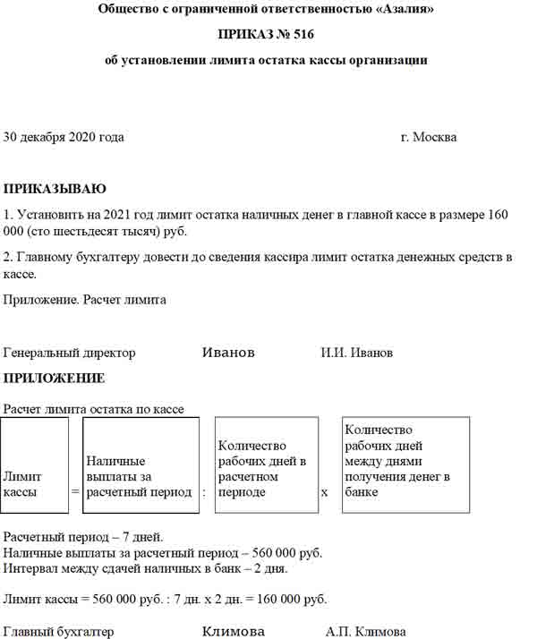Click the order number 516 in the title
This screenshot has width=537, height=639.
(302, 36)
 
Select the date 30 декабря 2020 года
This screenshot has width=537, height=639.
(64, 138)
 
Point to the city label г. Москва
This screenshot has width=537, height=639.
(429, 138)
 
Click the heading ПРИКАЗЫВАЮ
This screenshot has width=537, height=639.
(55, 190)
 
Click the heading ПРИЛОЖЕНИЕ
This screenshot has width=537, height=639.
(55, 379)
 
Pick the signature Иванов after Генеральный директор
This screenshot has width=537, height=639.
(229, 354)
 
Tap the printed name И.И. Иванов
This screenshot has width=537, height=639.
(356, 354)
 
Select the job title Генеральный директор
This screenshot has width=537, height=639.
(70, 354)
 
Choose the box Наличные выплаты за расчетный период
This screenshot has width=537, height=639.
(140, 465)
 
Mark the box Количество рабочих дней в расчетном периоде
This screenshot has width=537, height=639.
(267, 465)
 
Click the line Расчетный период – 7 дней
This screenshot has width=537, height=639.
(83, 538)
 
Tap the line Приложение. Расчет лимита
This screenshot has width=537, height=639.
(85, 301)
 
